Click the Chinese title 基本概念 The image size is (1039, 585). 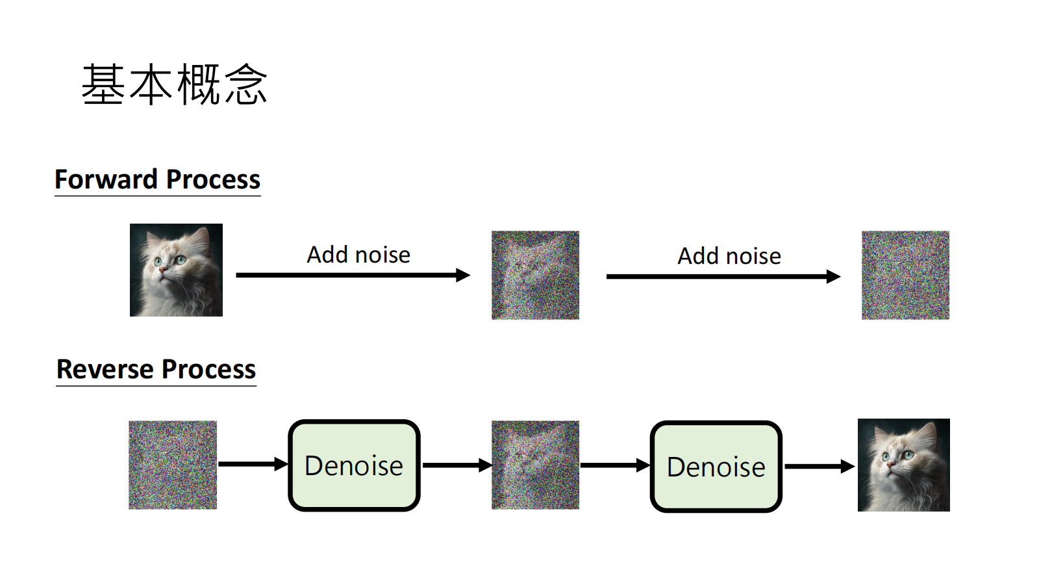(x=174, y=84)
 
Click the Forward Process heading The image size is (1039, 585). (x=157, y=179)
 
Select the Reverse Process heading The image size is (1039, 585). (x=156, y=369)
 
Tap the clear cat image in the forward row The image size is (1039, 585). (x=176, y=270)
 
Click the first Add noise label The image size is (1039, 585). (x=358, y=255)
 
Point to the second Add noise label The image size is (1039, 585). (x=729, y=256)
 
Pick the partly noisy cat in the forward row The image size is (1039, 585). (x=535, y=275)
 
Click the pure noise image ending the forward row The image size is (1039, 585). (x=905, y=275)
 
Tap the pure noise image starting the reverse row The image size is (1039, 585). (x=173, y=465)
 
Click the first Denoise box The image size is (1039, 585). (x=354, y=465)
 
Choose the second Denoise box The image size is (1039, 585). (x=716, y=467)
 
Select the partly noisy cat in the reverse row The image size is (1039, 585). (x=535, y=465)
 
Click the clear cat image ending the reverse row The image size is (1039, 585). (x=903, y=465)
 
